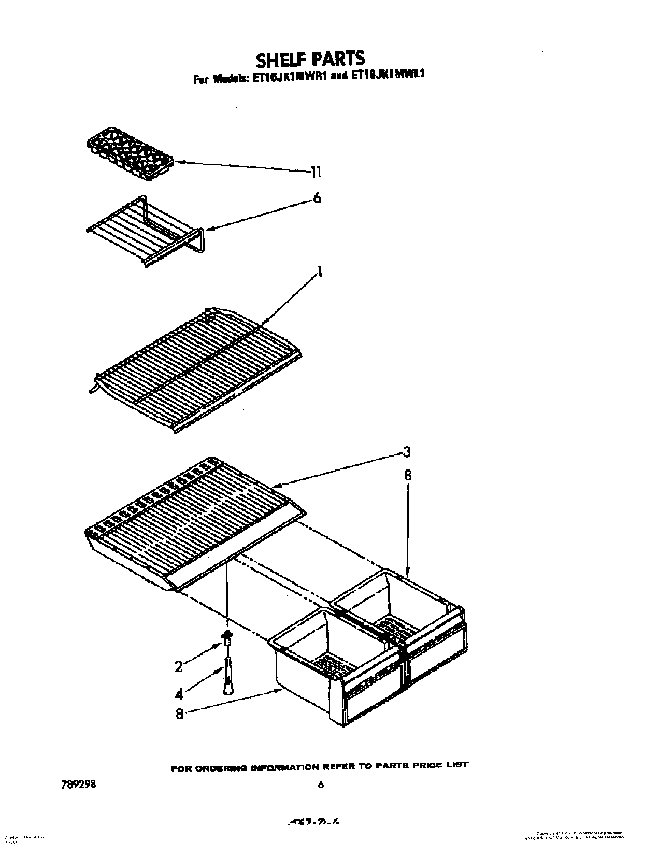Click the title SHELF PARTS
click(310, 59)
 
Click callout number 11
click(316, 172)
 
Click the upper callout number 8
click(408, 475)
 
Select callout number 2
click(179, 667)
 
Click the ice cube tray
click(129, 154)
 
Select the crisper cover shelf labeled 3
click(192, 523)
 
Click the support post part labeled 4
click(228, 674)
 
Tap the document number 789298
click(78, 785)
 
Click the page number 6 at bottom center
click(321, 785)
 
